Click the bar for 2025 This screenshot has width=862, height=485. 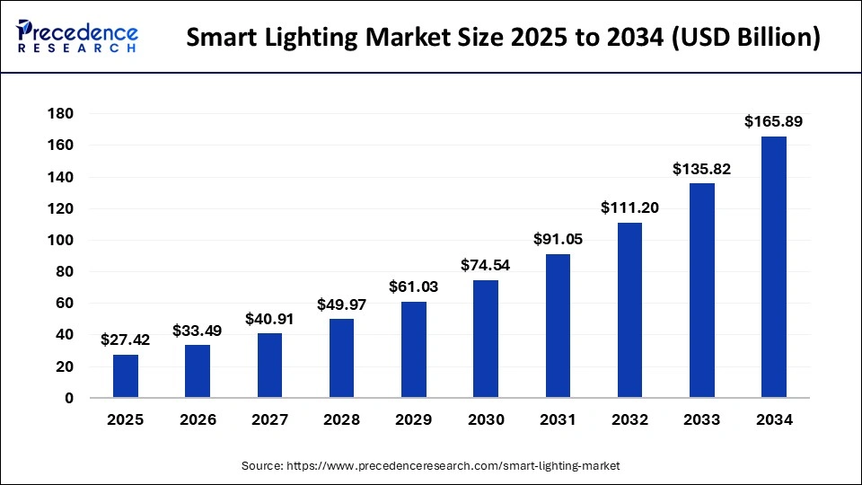(126, 375)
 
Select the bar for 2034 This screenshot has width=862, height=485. (773, 267)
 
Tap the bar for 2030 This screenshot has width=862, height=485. (486, 339)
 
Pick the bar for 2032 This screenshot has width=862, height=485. (629, 310)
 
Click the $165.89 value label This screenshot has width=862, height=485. (773, 121)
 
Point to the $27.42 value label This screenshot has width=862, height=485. (126, 339)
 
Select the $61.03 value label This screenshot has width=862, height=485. (414, 287)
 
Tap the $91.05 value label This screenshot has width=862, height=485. (558, 239)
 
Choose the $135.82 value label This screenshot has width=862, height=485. (701, 168)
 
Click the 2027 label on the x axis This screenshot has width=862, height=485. (269, 419)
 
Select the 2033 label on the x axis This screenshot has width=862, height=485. (701, 419)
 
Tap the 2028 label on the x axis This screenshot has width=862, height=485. (341, 419)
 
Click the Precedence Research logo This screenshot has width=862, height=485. (77, 36)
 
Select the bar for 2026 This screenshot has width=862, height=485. (198, 371)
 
